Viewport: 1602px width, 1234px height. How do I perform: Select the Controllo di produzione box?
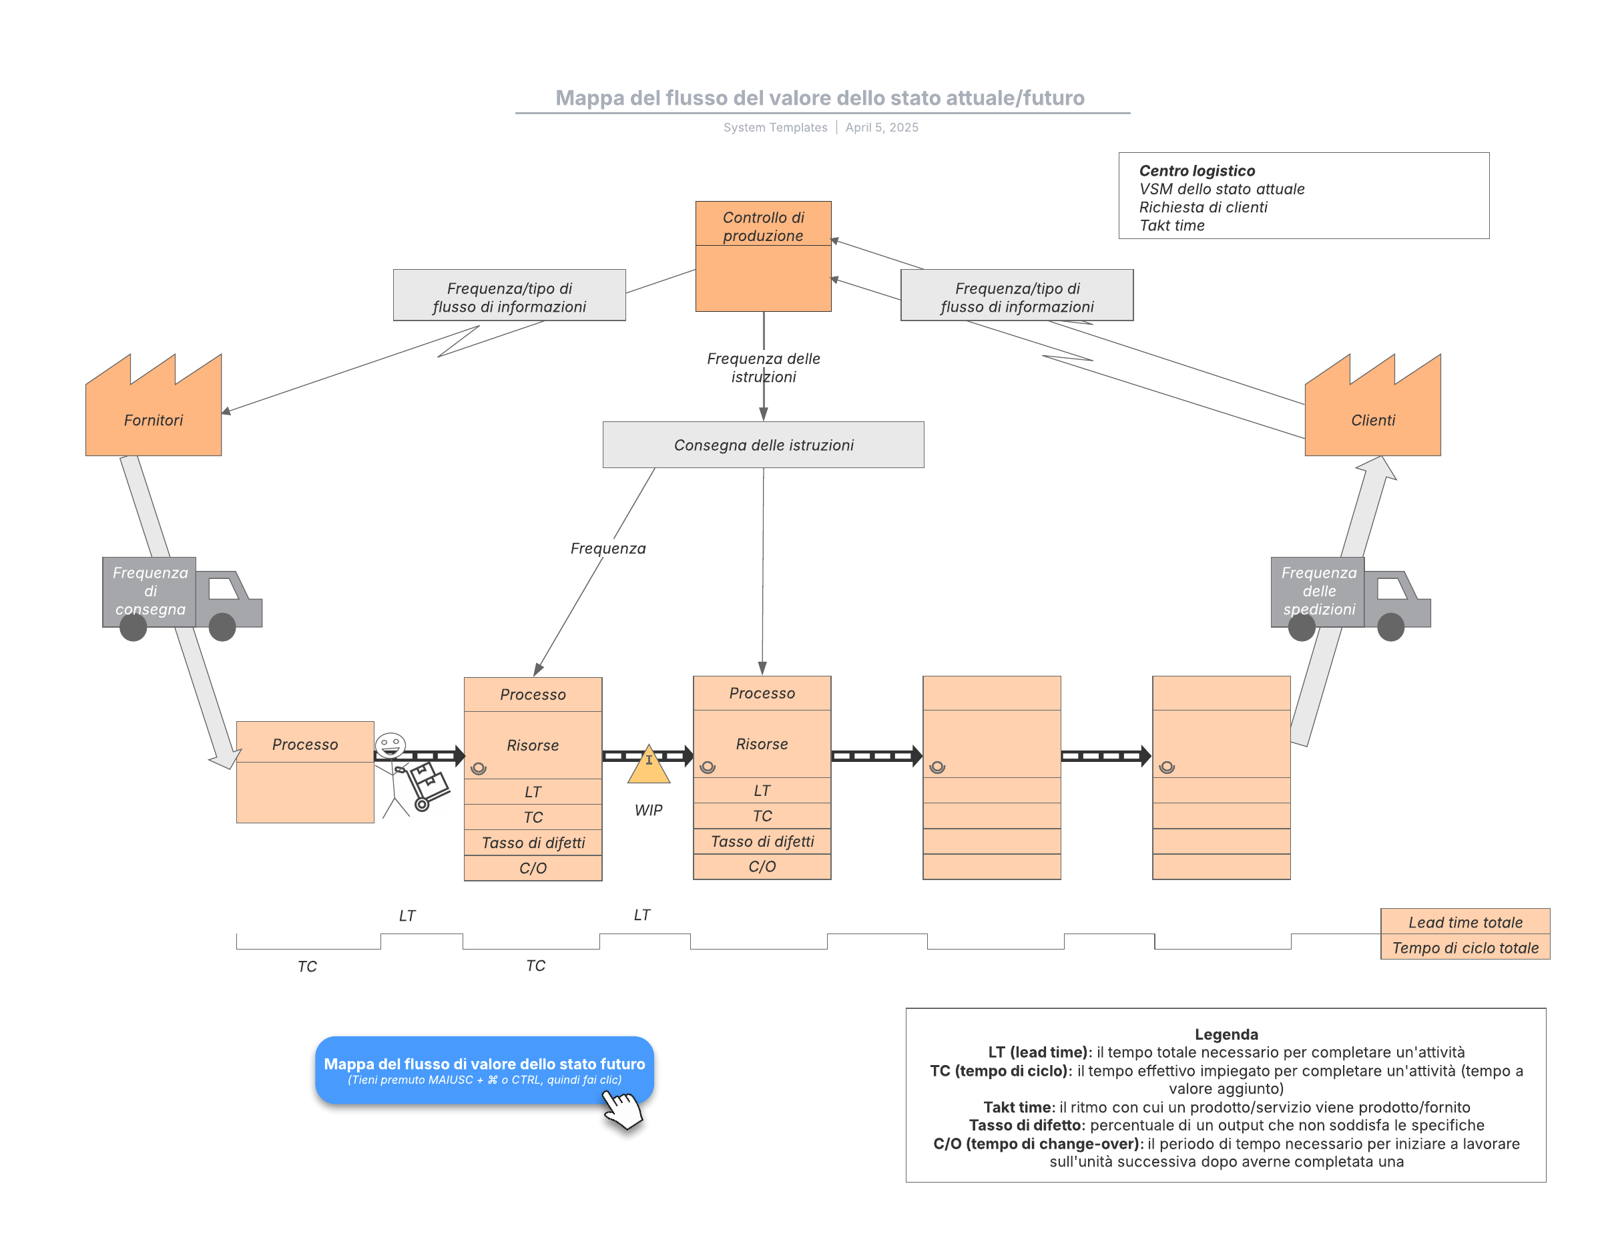(763, 257)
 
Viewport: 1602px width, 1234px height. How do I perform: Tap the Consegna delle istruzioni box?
(763, 445)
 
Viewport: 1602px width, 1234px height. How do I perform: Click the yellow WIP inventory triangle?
(648, 767)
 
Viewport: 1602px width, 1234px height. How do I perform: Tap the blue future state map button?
(484, 1070)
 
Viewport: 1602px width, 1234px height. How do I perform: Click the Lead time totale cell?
(1465, 922)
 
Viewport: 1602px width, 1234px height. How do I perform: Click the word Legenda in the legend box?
(1226, 1034)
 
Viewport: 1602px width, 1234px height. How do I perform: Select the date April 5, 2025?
(882, 128)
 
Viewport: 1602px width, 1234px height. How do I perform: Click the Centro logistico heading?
(1196, 171)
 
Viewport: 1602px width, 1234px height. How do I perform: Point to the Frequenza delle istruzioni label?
(763, 367)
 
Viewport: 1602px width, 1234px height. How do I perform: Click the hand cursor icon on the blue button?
(622, 1108)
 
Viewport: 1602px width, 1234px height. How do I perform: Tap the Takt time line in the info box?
(1171, 226)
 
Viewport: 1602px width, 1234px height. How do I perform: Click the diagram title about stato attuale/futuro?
(819, 97)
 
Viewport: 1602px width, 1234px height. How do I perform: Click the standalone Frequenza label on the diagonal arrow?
(608, 549)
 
